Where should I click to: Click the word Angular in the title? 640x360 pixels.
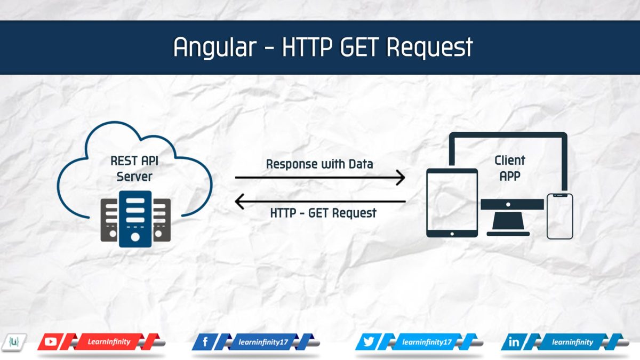coord(215,47)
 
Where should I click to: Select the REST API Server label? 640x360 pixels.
coord(134,169)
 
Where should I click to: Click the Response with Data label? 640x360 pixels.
coord(319,164)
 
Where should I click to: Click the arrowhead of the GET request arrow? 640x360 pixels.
coord(239,202)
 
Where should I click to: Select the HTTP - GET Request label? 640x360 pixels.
coord(323,213)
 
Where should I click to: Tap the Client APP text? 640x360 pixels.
coord(510,169)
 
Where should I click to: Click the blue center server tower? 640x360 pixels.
coord(135,219)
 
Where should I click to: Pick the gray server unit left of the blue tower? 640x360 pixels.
coord(109,220)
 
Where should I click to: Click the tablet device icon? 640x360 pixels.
coord(452,203)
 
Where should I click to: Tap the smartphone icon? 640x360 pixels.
coord(559,217)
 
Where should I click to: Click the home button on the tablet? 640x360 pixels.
coord(452,234)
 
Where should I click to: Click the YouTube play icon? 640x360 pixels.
coord(51,342)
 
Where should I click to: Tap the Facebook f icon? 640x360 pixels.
coord(205,342)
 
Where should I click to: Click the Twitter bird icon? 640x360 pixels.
coord(369,342)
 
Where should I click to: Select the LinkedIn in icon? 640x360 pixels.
coord(514,342)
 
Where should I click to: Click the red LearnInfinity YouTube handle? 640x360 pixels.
coord(109,342)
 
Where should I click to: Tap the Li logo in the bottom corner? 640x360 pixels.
coord(14,342)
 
